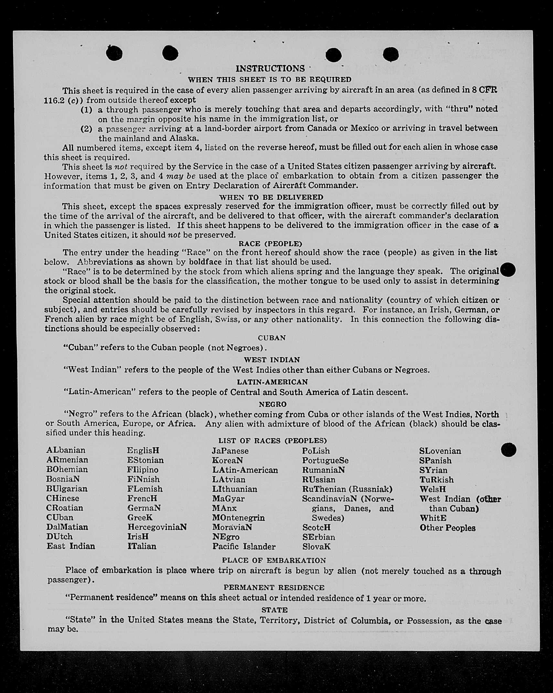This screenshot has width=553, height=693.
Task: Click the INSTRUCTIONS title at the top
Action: [x=270, y=68]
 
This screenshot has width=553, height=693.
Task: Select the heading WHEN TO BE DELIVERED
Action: [x=271, y=197]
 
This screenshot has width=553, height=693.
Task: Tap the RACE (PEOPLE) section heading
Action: [x=270, y=244]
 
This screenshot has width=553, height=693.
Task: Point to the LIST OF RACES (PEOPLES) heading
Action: [x=272, y=441]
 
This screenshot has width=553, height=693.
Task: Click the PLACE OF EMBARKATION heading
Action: [x=274, y=560]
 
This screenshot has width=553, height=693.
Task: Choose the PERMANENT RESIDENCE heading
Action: [x=274, y=587]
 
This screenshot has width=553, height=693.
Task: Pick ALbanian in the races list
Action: [x=66, y=450]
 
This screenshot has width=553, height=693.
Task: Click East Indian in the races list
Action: [x=71, y=546]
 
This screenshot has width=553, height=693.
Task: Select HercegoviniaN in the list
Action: [x=157, y=527]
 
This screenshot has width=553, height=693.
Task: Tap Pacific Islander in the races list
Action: [x=244, y=546]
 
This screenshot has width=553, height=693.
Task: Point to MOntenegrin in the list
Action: [x=238, y=518]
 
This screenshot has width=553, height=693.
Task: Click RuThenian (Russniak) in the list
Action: [x=347, y=489]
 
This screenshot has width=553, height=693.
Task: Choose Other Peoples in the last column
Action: [x=447, y=528]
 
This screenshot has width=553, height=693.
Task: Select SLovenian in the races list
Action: [x=440, y=451]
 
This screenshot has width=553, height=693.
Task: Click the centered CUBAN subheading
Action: [x=271, y=338]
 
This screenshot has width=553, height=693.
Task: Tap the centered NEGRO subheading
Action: [x=272, y=404]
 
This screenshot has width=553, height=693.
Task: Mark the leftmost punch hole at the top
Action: [x=114, y=53]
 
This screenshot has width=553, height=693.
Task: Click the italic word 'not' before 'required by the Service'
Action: [x=121, y=167]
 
